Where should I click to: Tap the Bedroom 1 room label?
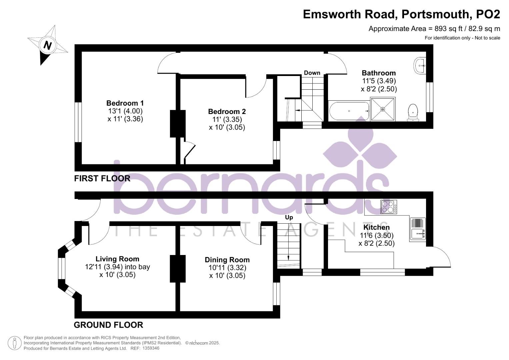(125, 103)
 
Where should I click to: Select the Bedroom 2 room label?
(227, 112)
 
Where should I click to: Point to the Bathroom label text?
(379, 73)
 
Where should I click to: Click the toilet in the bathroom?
(413, 112)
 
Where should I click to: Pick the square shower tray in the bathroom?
(383, 109)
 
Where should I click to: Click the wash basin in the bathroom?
(420, 65)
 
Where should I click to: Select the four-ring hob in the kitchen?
(389, 207)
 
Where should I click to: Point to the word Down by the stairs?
(312, 73)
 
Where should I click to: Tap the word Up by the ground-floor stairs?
(289, 217)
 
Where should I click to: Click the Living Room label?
(117, 259)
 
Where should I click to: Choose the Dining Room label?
(227, 260)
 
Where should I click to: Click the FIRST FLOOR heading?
(102, 178)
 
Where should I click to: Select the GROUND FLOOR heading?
(108, 325)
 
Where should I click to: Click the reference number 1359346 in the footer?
(151, 348)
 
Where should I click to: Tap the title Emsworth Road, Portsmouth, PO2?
(401, 14)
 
